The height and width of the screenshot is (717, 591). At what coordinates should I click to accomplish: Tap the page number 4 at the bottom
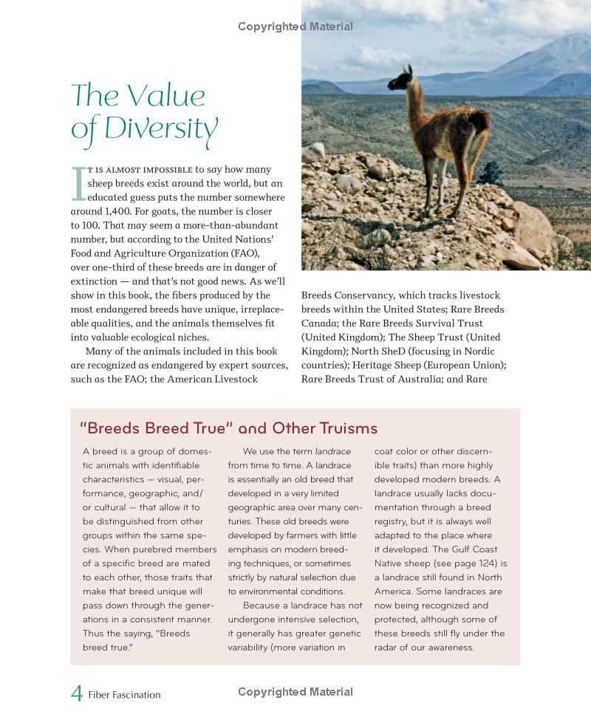tap(76, 693)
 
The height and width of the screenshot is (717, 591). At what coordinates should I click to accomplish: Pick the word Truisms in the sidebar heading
tap(345, 428)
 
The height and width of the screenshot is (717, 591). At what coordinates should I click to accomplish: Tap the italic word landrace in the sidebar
tap(333, 451)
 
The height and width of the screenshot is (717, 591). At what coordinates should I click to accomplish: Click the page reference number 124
tap(488, 563)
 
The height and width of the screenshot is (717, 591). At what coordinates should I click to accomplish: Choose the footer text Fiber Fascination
tap(124, 694)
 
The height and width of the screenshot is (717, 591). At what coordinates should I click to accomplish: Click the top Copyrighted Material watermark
tap(295, 27)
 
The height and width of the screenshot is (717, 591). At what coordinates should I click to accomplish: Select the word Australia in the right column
tap(420, 380)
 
